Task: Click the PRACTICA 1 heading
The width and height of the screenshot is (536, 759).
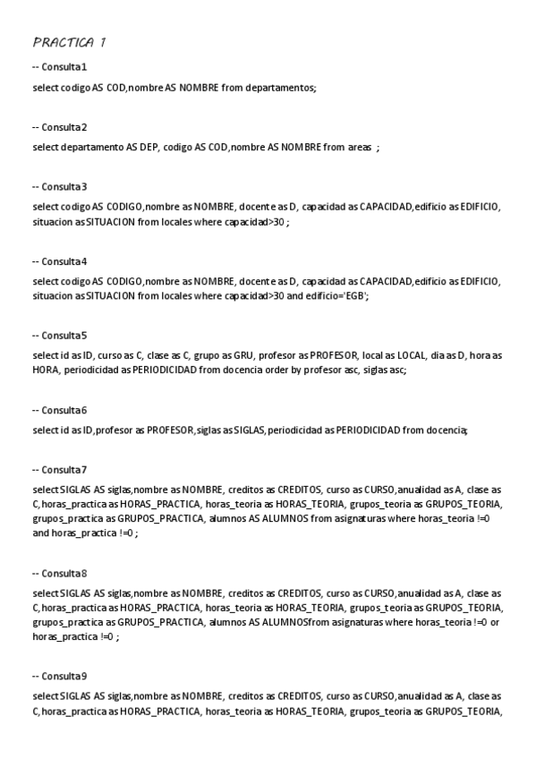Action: click(70, 42)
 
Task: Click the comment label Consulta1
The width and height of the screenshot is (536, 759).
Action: click(59, 67)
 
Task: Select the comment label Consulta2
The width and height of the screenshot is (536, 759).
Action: click(59, 127)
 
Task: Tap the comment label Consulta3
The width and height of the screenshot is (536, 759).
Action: click(59, 186)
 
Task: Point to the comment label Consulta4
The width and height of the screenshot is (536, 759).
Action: click(59, 261)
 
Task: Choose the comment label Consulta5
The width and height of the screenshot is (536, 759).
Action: click(59, 336)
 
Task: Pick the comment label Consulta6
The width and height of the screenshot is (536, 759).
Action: click(59, 410)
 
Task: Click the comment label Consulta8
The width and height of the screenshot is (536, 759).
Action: click(59, 573)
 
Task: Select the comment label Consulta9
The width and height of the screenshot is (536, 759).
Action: click(59, 676)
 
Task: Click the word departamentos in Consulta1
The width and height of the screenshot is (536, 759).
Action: click(282, 88)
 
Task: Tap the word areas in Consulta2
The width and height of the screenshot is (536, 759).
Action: click(359, 148)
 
